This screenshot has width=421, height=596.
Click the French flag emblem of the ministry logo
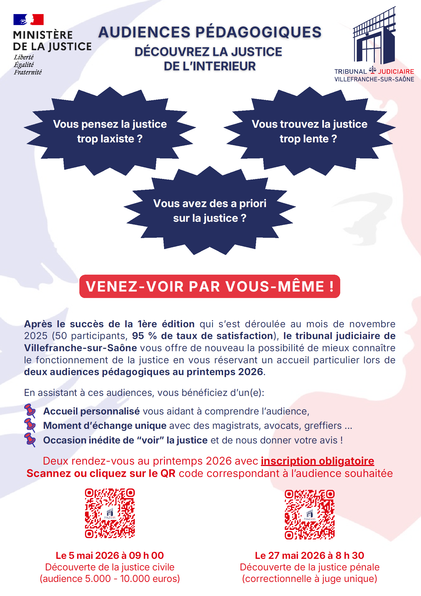[x=28, y=19]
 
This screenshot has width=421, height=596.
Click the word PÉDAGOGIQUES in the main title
[x=258, y=32]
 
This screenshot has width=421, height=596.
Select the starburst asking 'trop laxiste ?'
[x=110, y=131]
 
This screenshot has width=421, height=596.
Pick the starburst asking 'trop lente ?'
[x=310, y=131]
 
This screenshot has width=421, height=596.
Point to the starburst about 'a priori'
[x=210, y=210]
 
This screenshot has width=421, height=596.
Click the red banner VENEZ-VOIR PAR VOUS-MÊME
[x=210, y=286]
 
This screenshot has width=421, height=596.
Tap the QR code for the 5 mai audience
[x=110, y=513]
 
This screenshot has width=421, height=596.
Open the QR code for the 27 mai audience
[x=310, y=514]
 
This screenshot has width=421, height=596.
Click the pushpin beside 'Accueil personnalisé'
[x=30, y=411]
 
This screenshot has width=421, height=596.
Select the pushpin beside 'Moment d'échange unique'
[x=30, y=425]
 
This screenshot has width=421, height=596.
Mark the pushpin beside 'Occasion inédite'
[x=30, y=440]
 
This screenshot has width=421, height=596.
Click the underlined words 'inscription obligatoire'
[x=317, y=461]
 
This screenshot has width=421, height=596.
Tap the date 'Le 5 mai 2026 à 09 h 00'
[x=110, y=555]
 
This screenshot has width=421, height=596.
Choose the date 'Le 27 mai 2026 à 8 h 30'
[x=310, y=555]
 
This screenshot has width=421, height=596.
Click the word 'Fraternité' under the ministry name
[x=28, y=72]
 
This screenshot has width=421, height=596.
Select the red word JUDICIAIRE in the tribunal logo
[x=396, y=71]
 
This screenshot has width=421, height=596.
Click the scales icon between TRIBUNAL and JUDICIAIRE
[x=372, y=70]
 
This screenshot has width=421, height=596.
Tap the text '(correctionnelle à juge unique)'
[x=310, y=579]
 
